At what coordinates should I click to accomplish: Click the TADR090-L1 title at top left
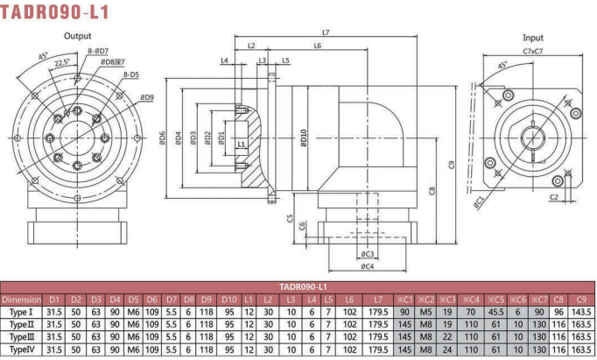point(55,11)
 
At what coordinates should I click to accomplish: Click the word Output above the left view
point(77,36)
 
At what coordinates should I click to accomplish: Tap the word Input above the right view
point(532,38)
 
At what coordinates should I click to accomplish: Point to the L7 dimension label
point(326,32)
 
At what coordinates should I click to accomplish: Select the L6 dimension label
point(318,46)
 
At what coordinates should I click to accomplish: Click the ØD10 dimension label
point(304,138)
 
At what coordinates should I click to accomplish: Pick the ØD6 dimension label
point(162,138)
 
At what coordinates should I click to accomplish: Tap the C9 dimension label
point(452,165)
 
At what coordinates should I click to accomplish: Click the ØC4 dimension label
point(368,266)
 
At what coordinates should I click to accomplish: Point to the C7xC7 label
point(532,51)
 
